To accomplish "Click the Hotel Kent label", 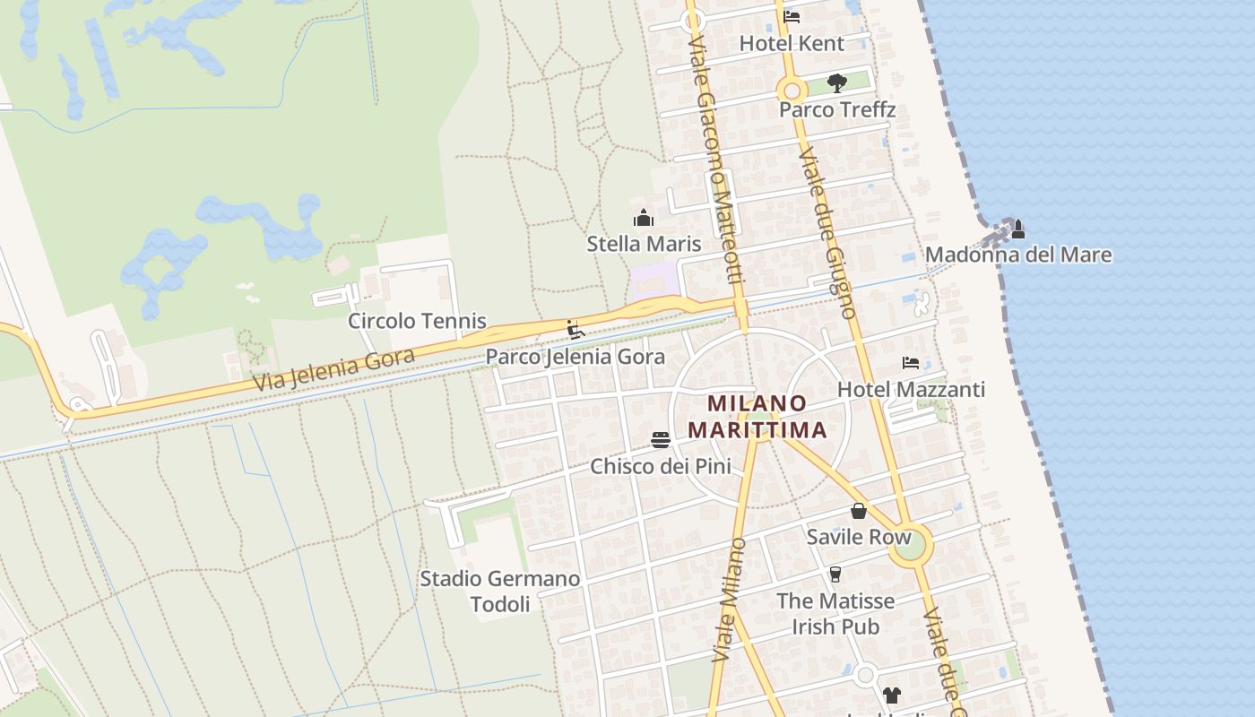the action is click(792, 43).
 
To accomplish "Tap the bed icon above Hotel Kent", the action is click(792, 16).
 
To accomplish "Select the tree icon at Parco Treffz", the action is click(837, 83).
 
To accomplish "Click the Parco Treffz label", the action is click(837, 109).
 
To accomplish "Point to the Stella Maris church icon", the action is click(644, 218).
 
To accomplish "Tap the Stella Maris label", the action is click(644, 244).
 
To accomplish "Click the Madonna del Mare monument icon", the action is click(1017, 229).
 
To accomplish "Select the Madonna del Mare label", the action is click(1018, 255).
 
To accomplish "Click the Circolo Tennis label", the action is click(417, 321).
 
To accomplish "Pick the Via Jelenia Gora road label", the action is click(333, 370).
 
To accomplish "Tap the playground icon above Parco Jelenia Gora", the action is click(576, 330).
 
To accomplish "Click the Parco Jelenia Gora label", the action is click(576, 357).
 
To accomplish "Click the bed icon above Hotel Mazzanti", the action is click(911, 363).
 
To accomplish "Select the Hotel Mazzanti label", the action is click(911, 389).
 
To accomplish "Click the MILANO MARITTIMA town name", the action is click(757, 417).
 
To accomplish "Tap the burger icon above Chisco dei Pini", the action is click(661, 439).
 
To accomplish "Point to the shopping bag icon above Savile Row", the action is click(859, 511).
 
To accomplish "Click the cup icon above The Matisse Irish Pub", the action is click(835, 574).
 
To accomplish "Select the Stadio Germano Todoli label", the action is click(500, 592).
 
